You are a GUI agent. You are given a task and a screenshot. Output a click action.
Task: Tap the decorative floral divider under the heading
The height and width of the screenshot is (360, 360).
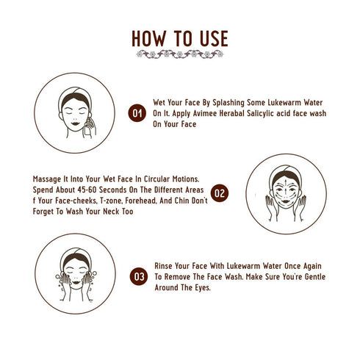(180, 54)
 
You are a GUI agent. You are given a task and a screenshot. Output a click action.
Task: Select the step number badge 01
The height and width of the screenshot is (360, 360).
(137, 113)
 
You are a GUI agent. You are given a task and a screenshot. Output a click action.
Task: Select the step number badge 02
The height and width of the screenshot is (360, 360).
(220, 194)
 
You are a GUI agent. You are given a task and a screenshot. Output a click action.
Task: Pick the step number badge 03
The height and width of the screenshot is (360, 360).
(138, 276)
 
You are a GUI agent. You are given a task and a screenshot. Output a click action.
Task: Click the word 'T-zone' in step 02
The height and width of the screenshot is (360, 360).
(101, 201)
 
